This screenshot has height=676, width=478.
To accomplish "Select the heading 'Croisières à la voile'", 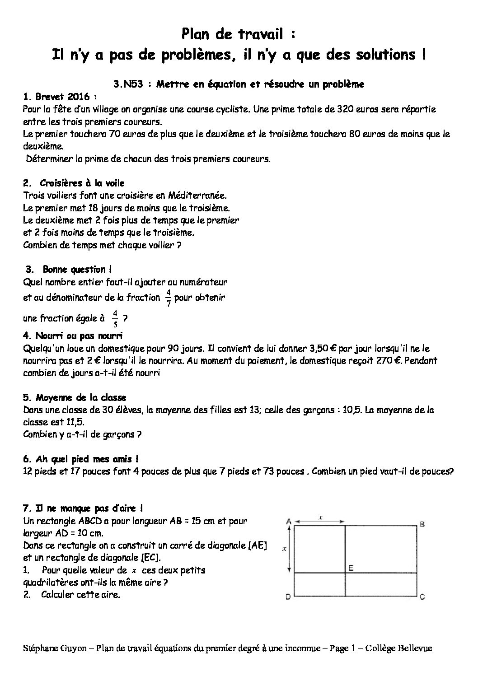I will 82,183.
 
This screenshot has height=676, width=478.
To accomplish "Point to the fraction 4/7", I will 168,298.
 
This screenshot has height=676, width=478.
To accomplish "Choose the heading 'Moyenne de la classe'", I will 75,397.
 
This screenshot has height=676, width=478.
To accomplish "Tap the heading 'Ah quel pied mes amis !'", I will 80,459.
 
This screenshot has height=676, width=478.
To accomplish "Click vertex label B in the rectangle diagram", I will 422,524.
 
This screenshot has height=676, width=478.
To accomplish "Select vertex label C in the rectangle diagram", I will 422,597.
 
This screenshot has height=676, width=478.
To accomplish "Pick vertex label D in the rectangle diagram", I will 288,597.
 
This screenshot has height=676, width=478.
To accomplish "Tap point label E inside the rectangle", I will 350,568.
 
